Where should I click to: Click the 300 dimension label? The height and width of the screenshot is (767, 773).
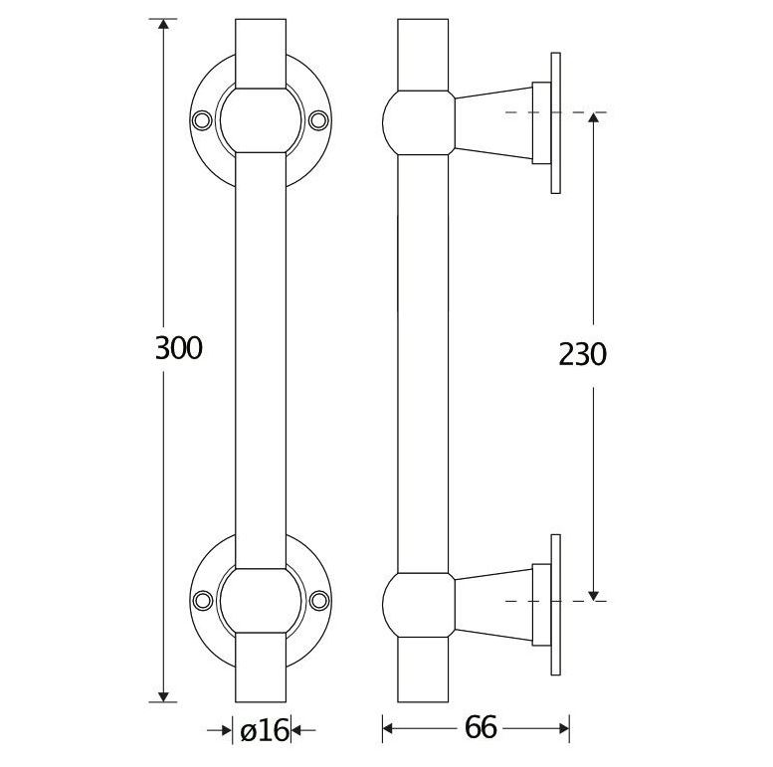[179, 348]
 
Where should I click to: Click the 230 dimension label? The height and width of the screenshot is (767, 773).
[581, 354]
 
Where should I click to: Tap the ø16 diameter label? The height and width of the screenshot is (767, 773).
[263, 730]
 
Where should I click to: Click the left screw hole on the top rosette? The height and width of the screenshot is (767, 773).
[204, 119]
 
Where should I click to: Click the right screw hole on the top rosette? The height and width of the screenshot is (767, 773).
[318, 119]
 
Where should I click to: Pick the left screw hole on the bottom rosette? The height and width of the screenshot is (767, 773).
[204, 599]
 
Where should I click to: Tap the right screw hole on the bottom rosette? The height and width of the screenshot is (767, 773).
[318, 599]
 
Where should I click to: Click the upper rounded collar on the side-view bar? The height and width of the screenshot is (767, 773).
[418, 121]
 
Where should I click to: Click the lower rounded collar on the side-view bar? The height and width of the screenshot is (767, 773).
[418, 601]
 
